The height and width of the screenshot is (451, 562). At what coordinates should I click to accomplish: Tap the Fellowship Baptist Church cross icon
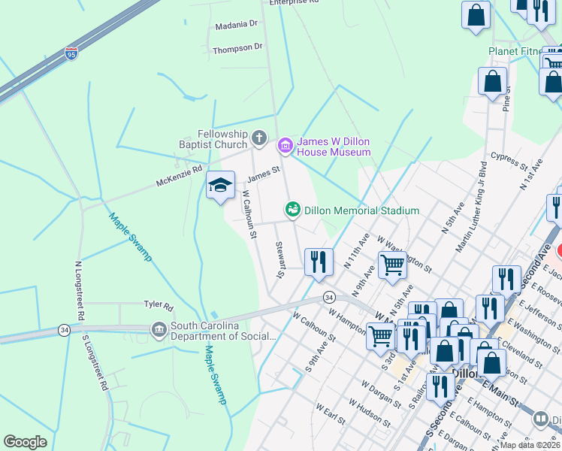tap(258, 138)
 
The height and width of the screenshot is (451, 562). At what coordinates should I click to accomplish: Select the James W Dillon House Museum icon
tap(285, 144)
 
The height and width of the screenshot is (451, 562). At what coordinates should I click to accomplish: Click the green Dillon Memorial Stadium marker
tap(292, 210)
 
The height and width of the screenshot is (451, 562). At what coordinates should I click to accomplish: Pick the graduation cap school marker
tap(220, 186)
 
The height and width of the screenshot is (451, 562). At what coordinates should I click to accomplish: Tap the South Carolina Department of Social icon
tap(159, 328)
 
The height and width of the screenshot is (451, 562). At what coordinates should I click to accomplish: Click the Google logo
tap(25, 442)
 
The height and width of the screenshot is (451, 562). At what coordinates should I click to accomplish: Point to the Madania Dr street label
tap(236, 25)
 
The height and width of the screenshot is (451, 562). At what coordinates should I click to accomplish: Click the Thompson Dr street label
tap(237, 47)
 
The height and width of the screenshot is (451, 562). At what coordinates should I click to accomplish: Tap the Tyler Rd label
tap(159, 306)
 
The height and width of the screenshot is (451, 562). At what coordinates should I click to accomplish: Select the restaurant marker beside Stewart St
tap(319, 261)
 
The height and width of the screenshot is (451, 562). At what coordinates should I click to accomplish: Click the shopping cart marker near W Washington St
tap(391, 265)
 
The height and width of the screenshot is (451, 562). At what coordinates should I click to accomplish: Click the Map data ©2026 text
tap(530, 444)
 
